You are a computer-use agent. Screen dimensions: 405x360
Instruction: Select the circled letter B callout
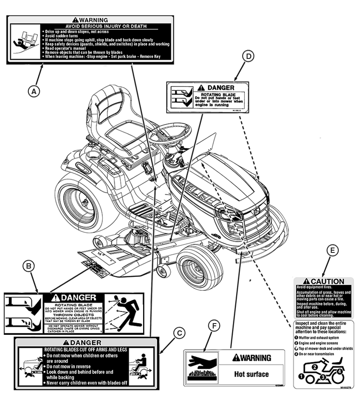pyautogui.click(x=28, y=266)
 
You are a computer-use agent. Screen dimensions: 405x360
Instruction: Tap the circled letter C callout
pyautogui.click(x=179, y=333)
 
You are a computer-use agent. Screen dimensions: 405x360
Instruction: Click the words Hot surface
pyautogui.click(x=252, y=374)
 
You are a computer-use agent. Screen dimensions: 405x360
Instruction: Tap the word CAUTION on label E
pyautogui.click(x=327, y=281)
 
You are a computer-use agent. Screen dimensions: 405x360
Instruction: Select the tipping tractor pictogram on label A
pyautogui.click(x=24, y=40)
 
